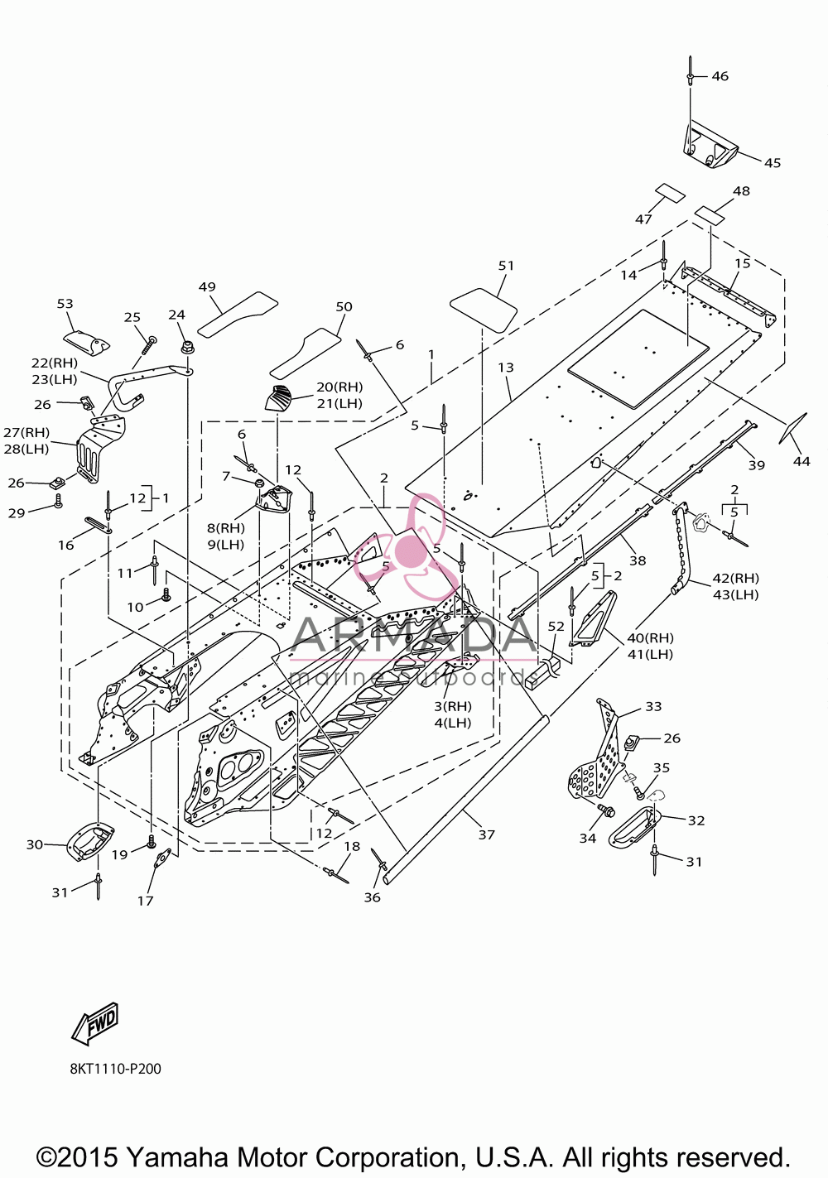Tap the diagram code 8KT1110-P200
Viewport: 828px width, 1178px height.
(116, 1069)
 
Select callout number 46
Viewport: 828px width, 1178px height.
(720, 76)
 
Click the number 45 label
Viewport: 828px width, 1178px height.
(773, 163)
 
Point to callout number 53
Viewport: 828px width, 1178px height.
(65, 304)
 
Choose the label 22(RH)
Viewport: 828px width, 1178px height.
(54, 363)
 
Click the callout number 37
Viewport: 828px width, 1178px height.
(487, 834)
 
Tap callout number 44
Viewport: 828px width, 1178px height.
(802, 461)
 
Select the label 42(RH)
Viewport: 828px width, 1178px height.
(735, 578)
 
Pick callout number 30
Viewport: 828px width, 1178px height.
(35, 844)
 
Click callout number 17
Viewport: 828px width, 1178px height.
(145, 901)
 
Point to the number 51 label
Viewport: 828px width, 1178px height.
(506, 266)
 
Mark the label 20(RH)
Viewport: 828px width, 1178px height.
(339, 387)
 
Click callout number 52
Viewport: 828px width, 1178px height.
(556, 627)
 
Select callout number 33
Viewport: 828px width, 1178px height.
(653, 706)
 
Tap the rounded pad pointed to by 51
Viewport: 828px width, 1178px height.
(483, 310)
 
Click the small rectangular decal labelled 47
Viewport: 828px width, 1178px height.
(670, 194)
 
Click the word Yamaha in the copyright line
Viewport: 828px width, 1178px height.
(178, 1157)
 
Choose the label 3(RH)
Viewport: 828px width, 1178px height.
(453, 706)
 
